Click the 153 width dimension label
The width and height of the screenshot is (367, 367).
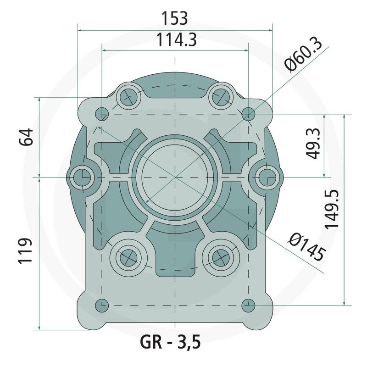pos(175,18)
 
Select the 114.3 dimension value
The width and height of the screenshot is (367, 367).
pos(175,40)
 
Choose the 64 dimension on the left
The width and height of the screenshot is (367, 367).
pos(27,137)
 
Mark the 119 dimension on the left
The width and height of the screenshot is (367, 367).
pos(27,251)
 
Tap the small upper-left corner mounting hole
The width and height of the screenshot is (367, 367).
pos(102,113)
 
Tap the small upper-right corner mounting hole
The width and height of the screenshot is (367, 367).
pos(248,113)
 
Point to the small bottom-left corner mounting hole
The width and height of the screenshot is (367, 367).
pos(102,305)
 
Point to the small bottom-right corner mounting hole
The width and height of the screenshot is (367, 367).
pos(248,305)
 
